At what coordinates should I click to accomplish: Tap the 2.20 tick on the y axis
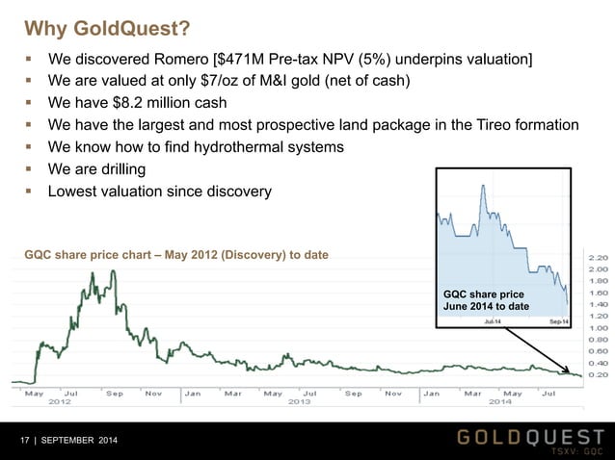click(598, 258)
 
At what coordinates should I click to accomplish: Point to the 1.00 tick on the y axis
click(598, 328)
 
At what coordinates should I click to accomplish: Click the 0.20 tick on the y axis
click(598, 375)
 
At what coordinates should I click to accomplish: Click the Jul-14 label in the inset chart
click(492, 320)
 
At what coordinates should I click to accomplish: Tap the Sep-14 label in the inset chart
click(557, 320)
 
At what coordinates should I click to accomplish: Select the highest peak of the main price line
click(113, 272)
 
